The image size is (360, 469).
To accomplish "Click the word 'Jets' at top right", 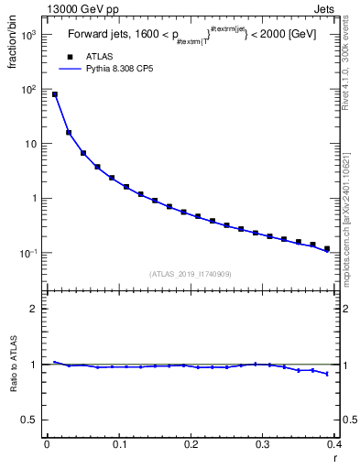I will pos(338,9).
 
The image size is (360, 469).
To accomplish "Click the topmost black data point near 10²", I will pos(55,94).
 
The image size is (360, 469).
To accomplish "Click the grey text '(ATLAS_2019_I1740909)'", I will pos(190,273).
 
